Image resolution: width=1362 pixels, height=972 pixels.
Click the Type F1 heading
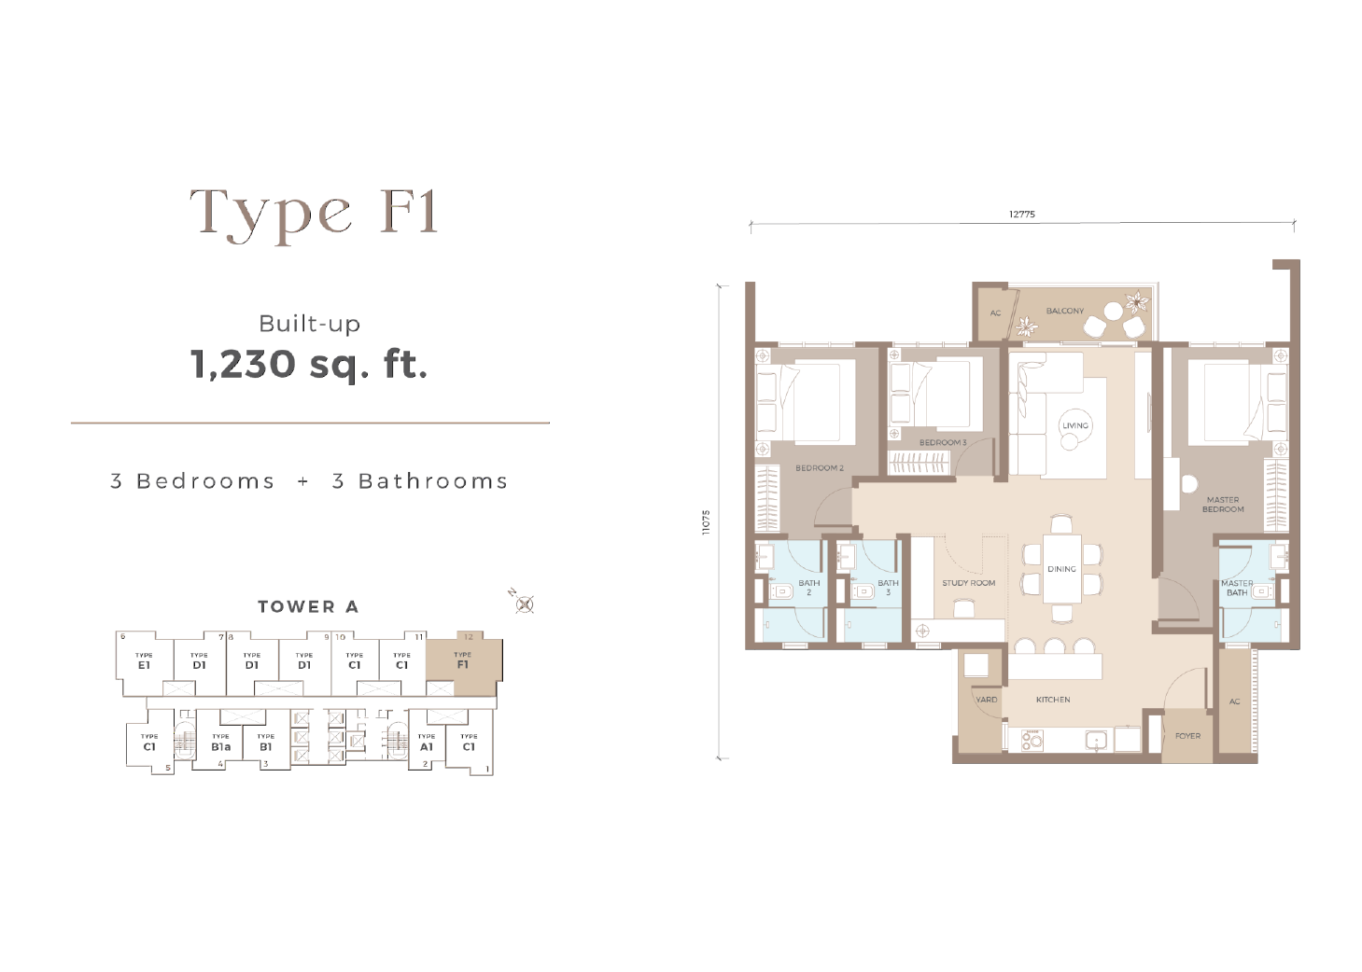pos(314,214)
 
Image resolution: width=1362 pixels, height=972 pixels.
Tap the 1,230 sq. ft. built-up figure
pos(310,365)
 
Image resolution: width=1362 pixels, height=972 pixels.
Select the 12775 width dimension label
pos(1022,214)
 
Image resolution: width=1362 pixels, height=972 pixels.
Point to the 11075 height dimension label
pos(706,522)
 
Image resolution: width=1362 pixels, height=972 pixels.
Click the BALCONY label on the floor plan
pos(1064,311)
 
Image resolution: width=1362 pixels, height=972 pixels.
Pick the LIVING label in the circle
pos(1075,425)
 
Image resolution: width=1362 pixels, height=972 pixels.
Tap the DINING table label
pos(1061,569)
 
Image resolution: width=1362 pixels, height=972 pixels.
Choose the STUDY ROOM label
pos(969,583)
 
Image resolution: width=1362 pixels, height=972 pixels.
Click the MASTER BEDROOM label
pos(1223,505)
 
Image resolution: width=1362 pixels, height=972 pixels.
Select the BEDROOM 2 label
pos(820,467)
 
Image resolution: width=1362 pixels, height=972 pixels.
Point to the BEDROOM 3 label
pos(943,442)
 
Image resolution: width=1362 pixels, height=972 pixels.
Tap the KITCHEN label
pos(1053,700)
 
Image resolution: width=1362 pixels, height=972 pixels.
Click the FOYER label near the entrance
pos(1187,736)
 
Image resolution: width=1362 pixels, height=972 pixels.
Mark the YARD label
pos(986,700)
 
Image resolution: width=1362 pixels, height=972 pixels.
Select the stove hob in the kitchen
pos(1032,741)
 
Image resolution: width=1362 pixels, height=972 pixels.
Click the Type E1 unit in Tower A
pos(144,663)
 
